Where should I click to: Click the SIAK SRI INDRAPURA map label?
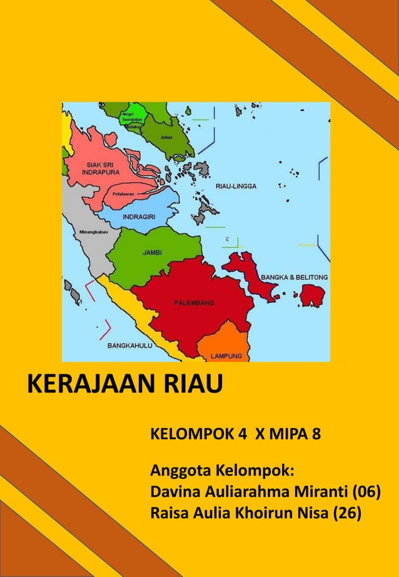(x=99, y=167)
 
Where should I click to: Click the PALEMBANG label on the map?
(x=194, y=302)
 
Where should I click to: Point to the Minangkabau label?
(x=93, y=232)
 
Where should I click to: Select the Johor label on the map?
(x=166, y=136)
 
